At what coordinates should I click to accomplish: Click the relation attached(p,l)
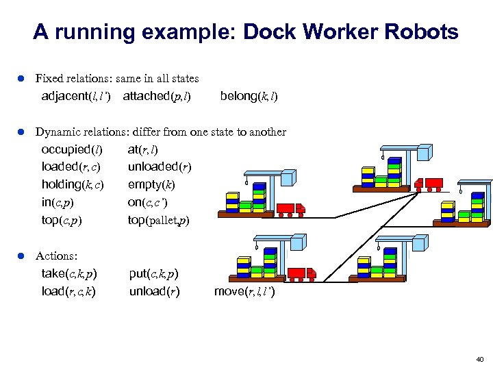point(157,97)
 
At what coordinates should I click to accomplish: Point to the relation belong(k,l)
point(249,97)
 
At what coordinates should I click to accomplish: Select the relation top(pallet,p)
point(158,221)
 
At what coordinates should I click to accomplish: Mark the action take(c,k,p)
point(69,274)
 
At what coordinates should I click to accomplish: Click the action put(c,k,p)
point(154,274)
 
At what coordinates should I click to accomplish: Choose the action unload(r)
point(155,292)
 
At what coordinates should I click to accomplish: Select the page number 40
point(479,358)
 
